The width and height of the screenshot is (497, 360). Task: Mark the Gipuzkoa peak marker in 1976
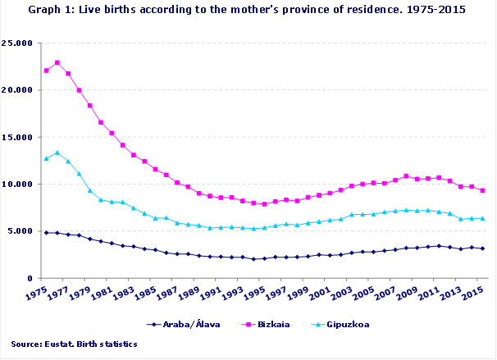pyautogui.click(x=57, y=153)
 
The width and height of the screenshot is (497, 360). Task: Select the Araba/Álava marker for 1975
pyautogui.click(x=46, y=233)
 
